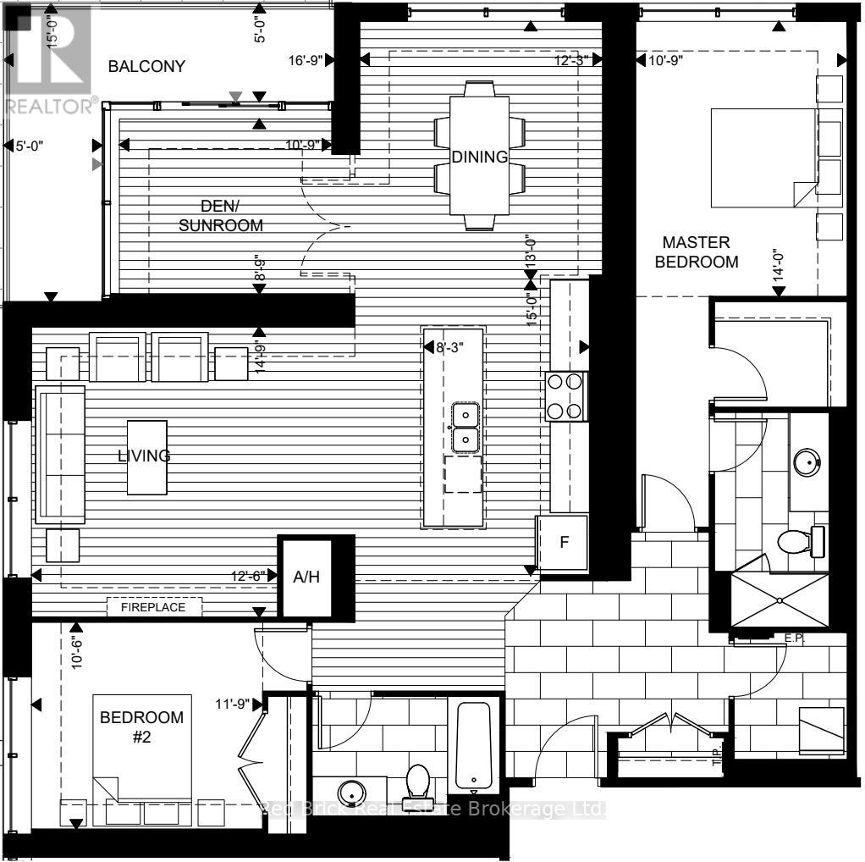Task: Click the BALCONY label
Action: click(x=146, y=66)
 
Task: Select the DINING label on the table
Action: click(x=479, y=157)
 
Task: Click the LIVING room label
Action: click(x=144, y=456)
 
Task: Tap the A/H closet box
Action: click(x=305, y=577)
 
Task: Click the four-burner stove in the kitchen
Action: click(x=566, y=396)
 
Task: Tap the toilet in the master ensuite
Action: click(x=801, y=541)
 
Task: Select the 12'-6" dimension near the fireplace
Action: click(x=247, y=576)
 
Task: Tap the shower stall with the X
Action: click(x=779, y=600)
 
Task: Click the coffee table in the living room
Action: click(x=147, y=457)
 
